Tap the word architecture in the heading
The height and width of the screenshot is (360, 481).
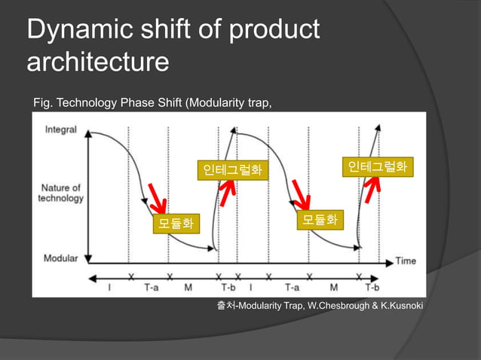pyautogui.click(x=97, y=63)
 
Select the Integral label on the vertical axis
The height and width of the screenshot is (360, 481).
pyautogui.click(x=60, y=130)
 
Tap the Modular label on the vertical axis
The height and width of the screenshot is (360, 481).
pyautogui.click(x=60, y=258)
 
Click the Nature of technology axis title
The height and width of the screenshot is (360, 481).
pyautogui.click(x=61, y=193)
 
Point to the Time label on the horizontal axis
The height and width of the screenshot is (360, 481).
pyautogui.click(x=406, y=261)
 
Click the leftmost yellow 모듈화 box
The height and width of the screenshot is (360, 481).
pyautogui.click(x=175, y=223)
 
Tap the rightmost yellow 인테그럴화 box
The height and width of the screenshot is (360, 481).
pyautogui.click(x=377, y=166)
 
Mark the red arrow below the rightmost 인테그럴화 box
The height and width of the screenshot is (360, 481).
pyautogui.click(x=373, y=190)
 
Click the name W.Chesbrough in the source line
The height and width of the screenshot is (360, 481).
pyautogui.click(x=341, y=305)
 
